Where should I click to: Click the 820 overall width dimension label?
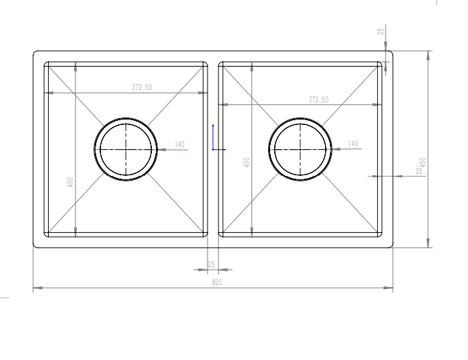point(217,282)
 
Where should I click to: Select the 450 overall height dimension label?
point(423,163)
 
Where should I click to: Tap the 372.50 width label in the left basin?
point(142,87)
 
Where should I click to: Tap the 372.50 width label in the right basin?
point(319,100)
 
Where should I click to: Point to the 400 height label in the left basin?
point(70,182)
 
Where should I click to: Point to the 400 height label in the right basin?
point(247,163)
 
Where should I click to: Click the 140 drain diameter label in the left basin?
point(179,144)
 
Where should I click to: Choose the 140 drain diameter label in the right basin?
point(353,144)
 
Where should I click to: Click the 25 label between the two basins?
point(211,265)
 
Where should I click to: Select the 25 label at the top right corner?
point(381,32)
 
